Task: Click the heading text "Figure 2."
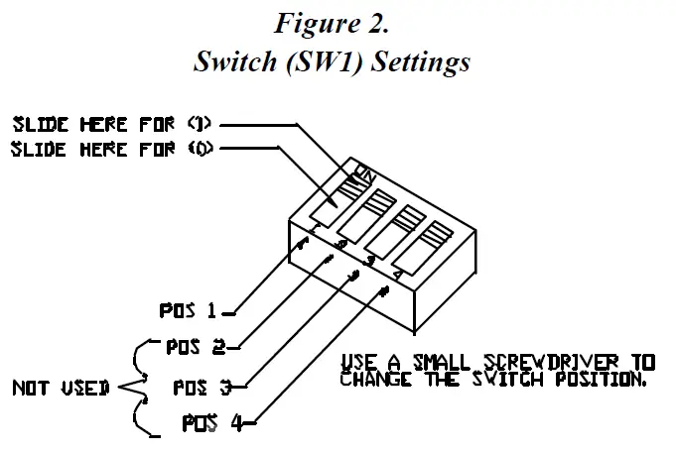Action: click(333, 22)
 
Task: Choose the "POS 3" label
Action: click(202, 386)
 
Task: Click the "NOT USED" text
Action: click(61, 388)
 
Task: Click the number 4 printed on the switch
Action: click(397, 273)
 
